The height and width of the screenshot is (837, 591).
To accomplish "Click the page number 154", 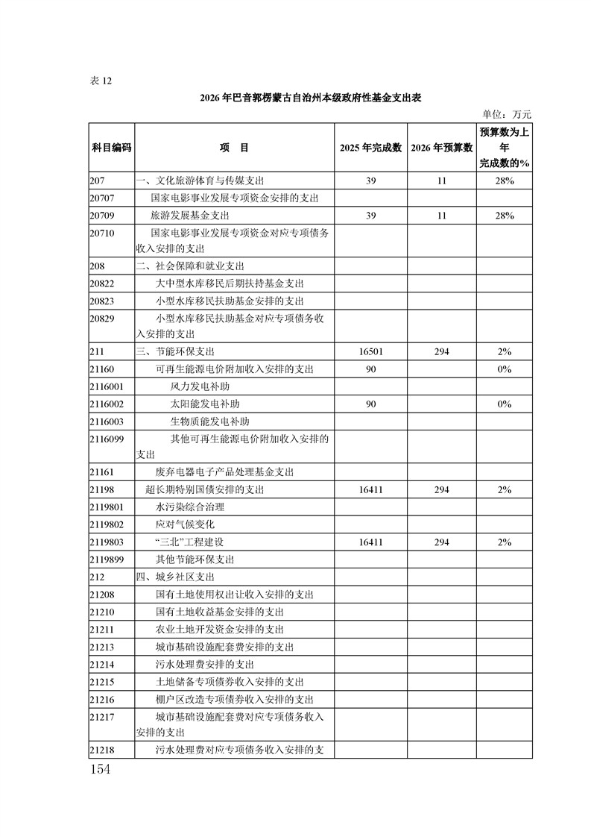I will click(x=100, y=769).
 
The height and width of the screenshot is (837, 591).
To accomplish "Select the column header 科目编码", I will click(x=111, y=148).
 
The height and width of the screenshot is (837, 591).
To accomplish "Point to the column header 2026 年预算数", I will click(x=442, y=148).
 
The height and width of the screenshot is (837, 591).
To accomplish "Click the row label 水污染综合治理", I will click(x=189, y=507).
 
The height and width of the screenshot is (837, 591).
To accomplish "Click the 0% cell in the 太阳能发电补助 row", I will click(x=505, y=404).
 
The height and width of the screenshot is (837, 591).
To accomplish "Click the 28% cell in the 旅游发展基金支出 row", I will click(x=505, y=215).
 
